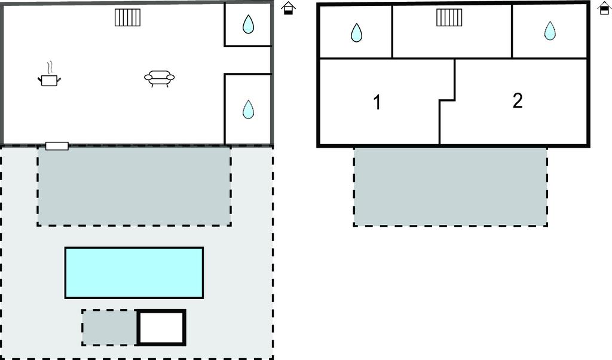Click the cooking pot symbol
coord(49,80)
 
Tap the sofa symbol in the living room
coord(159,78)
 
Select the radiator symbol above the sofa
coord(128,17)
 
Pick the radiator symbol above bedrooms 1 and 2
coord(449,17)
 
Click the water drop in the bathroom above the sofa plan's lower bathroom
coord(248,24)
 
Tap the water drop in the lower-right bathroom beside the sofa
coord(248,109)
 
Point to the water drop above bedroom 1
coord(356,32)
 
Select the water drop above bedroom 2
coord(550,30)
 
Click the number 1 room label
coord(377,102)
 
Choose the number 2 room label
coord(518,100)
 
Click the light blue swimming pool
coord(134,273)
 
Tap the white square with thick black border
coord(161,328)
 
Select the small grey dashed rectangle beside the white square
coord(109,328)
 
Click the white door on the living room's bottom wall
coord(57,146)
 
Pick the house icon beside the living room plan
coord(289,8)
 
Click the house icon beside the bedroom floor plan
coord(605,8)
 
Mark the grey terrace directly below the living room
coord(134,186)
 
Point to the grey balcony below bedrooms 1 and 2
coord(451,187)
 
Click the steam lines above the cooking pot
coord(49,68)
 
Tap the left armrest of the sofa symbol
coord(148,78)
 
